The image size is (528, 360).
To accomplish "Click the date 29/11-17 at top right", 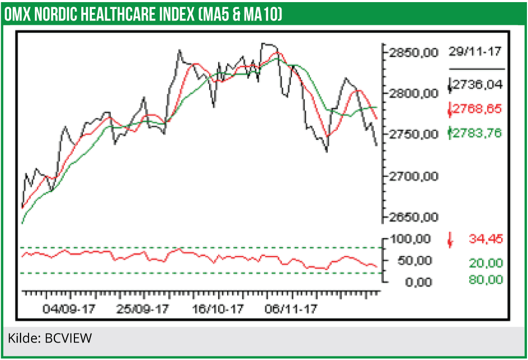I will tap(475, 52).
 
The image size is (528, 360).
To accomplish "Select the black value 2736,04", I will tap(478, 84).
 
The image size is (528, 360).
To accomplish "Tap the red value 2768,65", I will tap(478, 109).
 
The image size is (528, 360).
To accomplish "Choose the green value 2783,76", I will tap(478, 133).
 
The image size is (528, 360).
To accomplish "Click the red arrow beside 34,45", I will tap(450, 240).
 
